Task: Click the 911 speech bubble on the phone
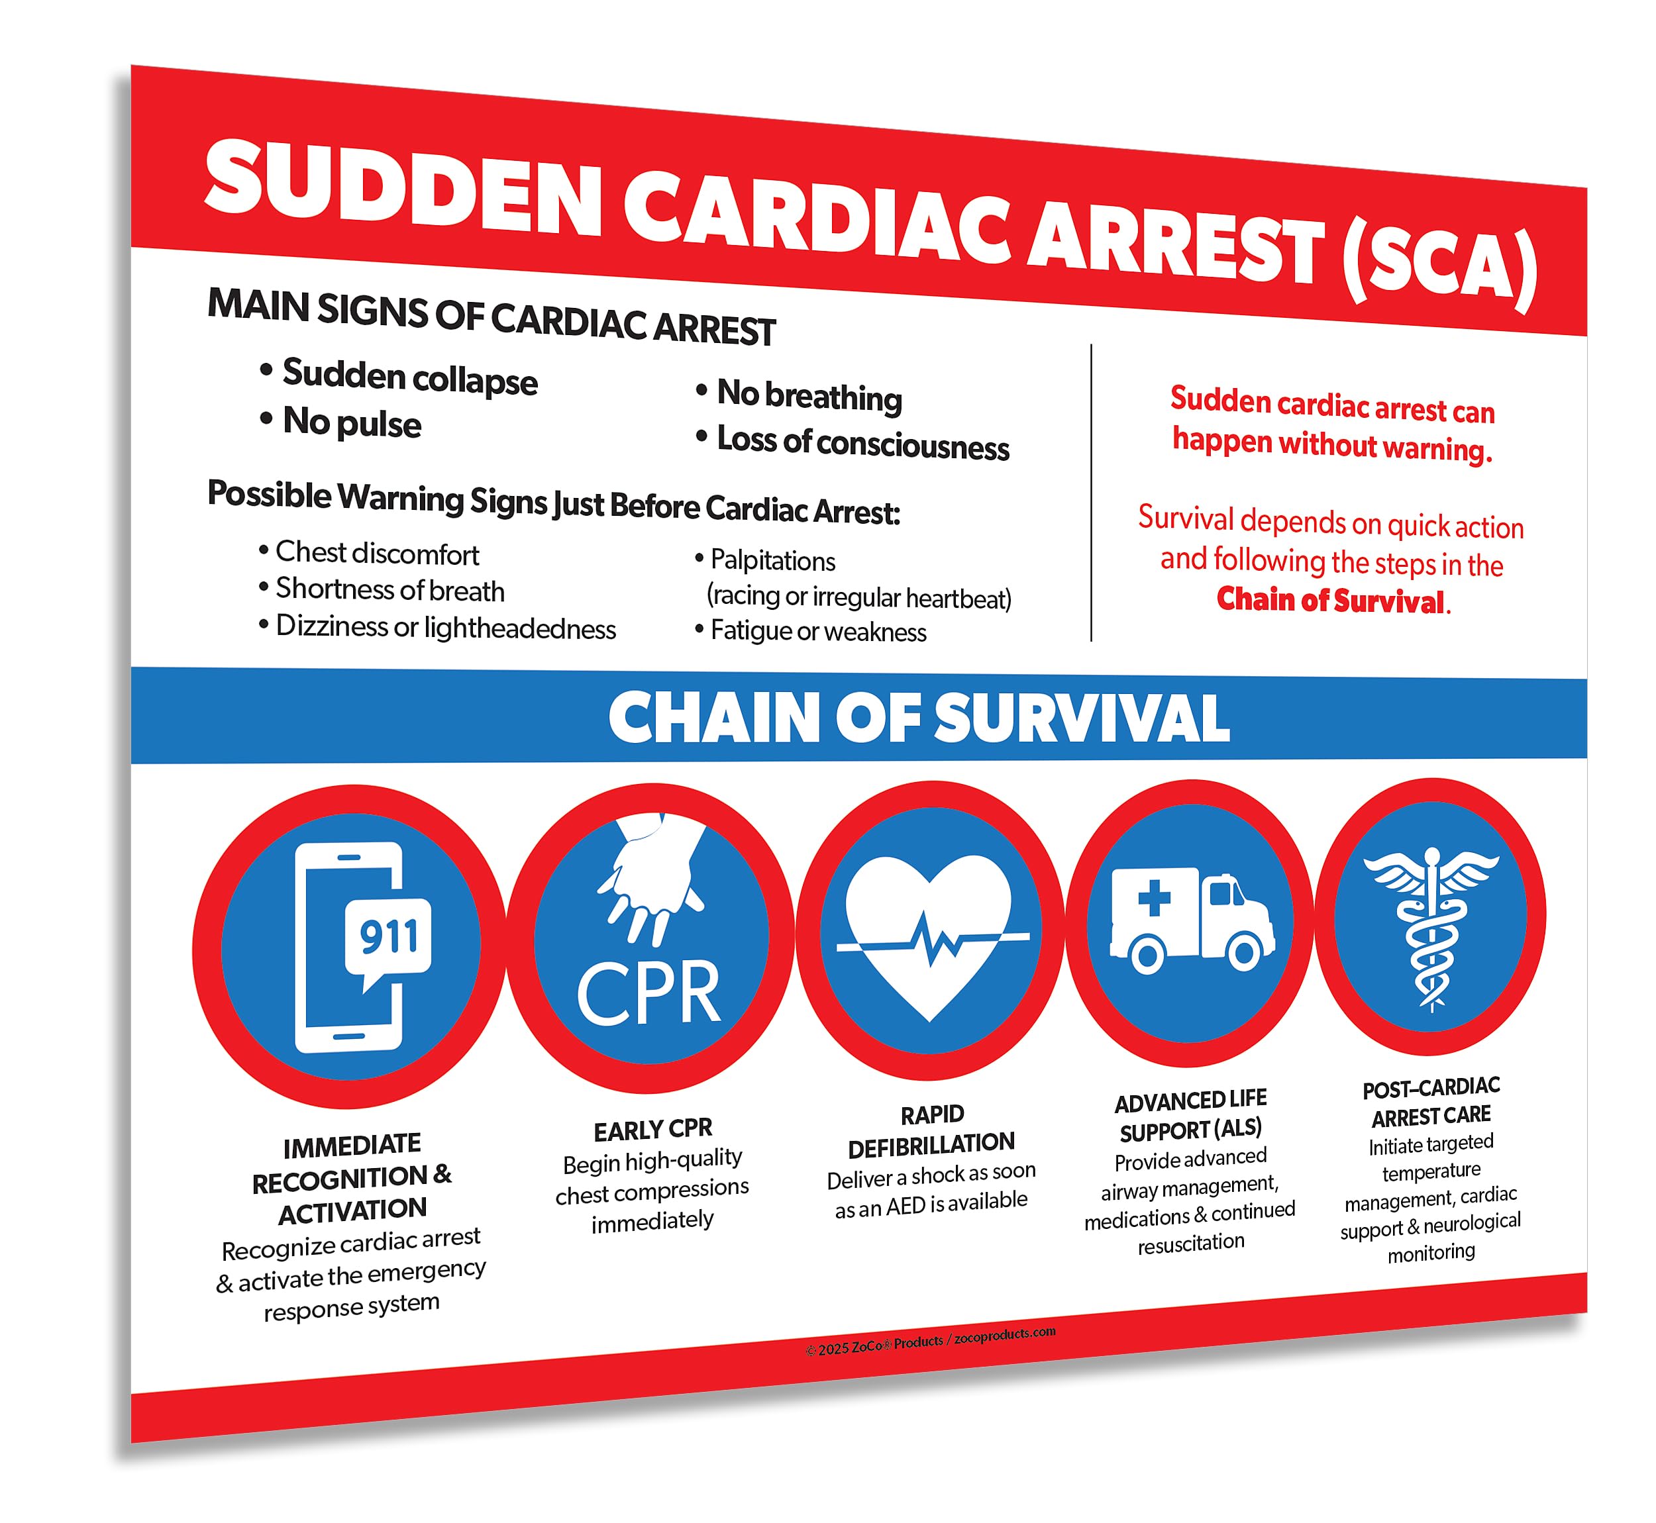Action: point(388,938)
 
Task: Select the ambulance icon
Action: point(1191,920)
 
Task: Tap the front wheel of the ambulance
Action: point(1244,953)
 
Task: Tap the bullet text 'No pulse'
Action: point(351,422)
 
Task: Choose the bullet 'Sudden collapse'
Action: point(409,378)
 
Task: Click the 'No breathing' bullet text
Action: point(809,397)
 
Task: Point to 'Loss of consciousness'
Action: point(863,444)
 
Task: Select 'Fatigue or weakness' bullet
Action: point(817,631)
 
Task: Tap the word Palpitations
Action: point(772,560)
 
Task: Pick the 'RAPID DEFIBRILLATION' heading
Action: point(931,1129)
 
